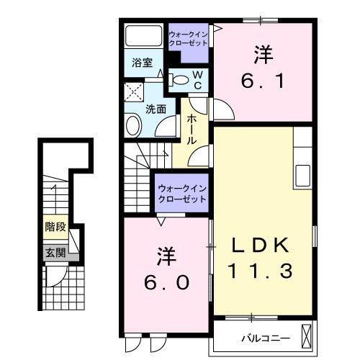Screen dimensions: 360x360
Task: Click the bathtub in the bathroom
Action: pos(144,36)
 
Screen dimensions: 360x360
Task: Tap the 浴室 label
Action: pos(142,63)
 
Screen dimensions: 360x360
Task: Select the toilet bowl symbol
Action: pos(181,79)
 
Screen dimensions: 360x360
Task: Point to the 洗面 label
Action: pos(156,109)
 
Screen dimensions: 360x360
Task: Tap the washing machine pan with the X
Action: pos(133,91)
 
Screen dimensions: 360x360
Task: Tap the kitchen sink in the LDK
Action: pos(302,174)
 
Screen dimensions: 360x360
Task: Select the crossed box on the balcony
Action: pos(309,336)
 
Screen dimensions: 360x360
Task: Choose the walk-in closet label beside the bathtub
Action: pos(189,38)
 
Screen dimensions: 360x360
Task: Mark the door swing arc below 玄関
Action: pos(56,275)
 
